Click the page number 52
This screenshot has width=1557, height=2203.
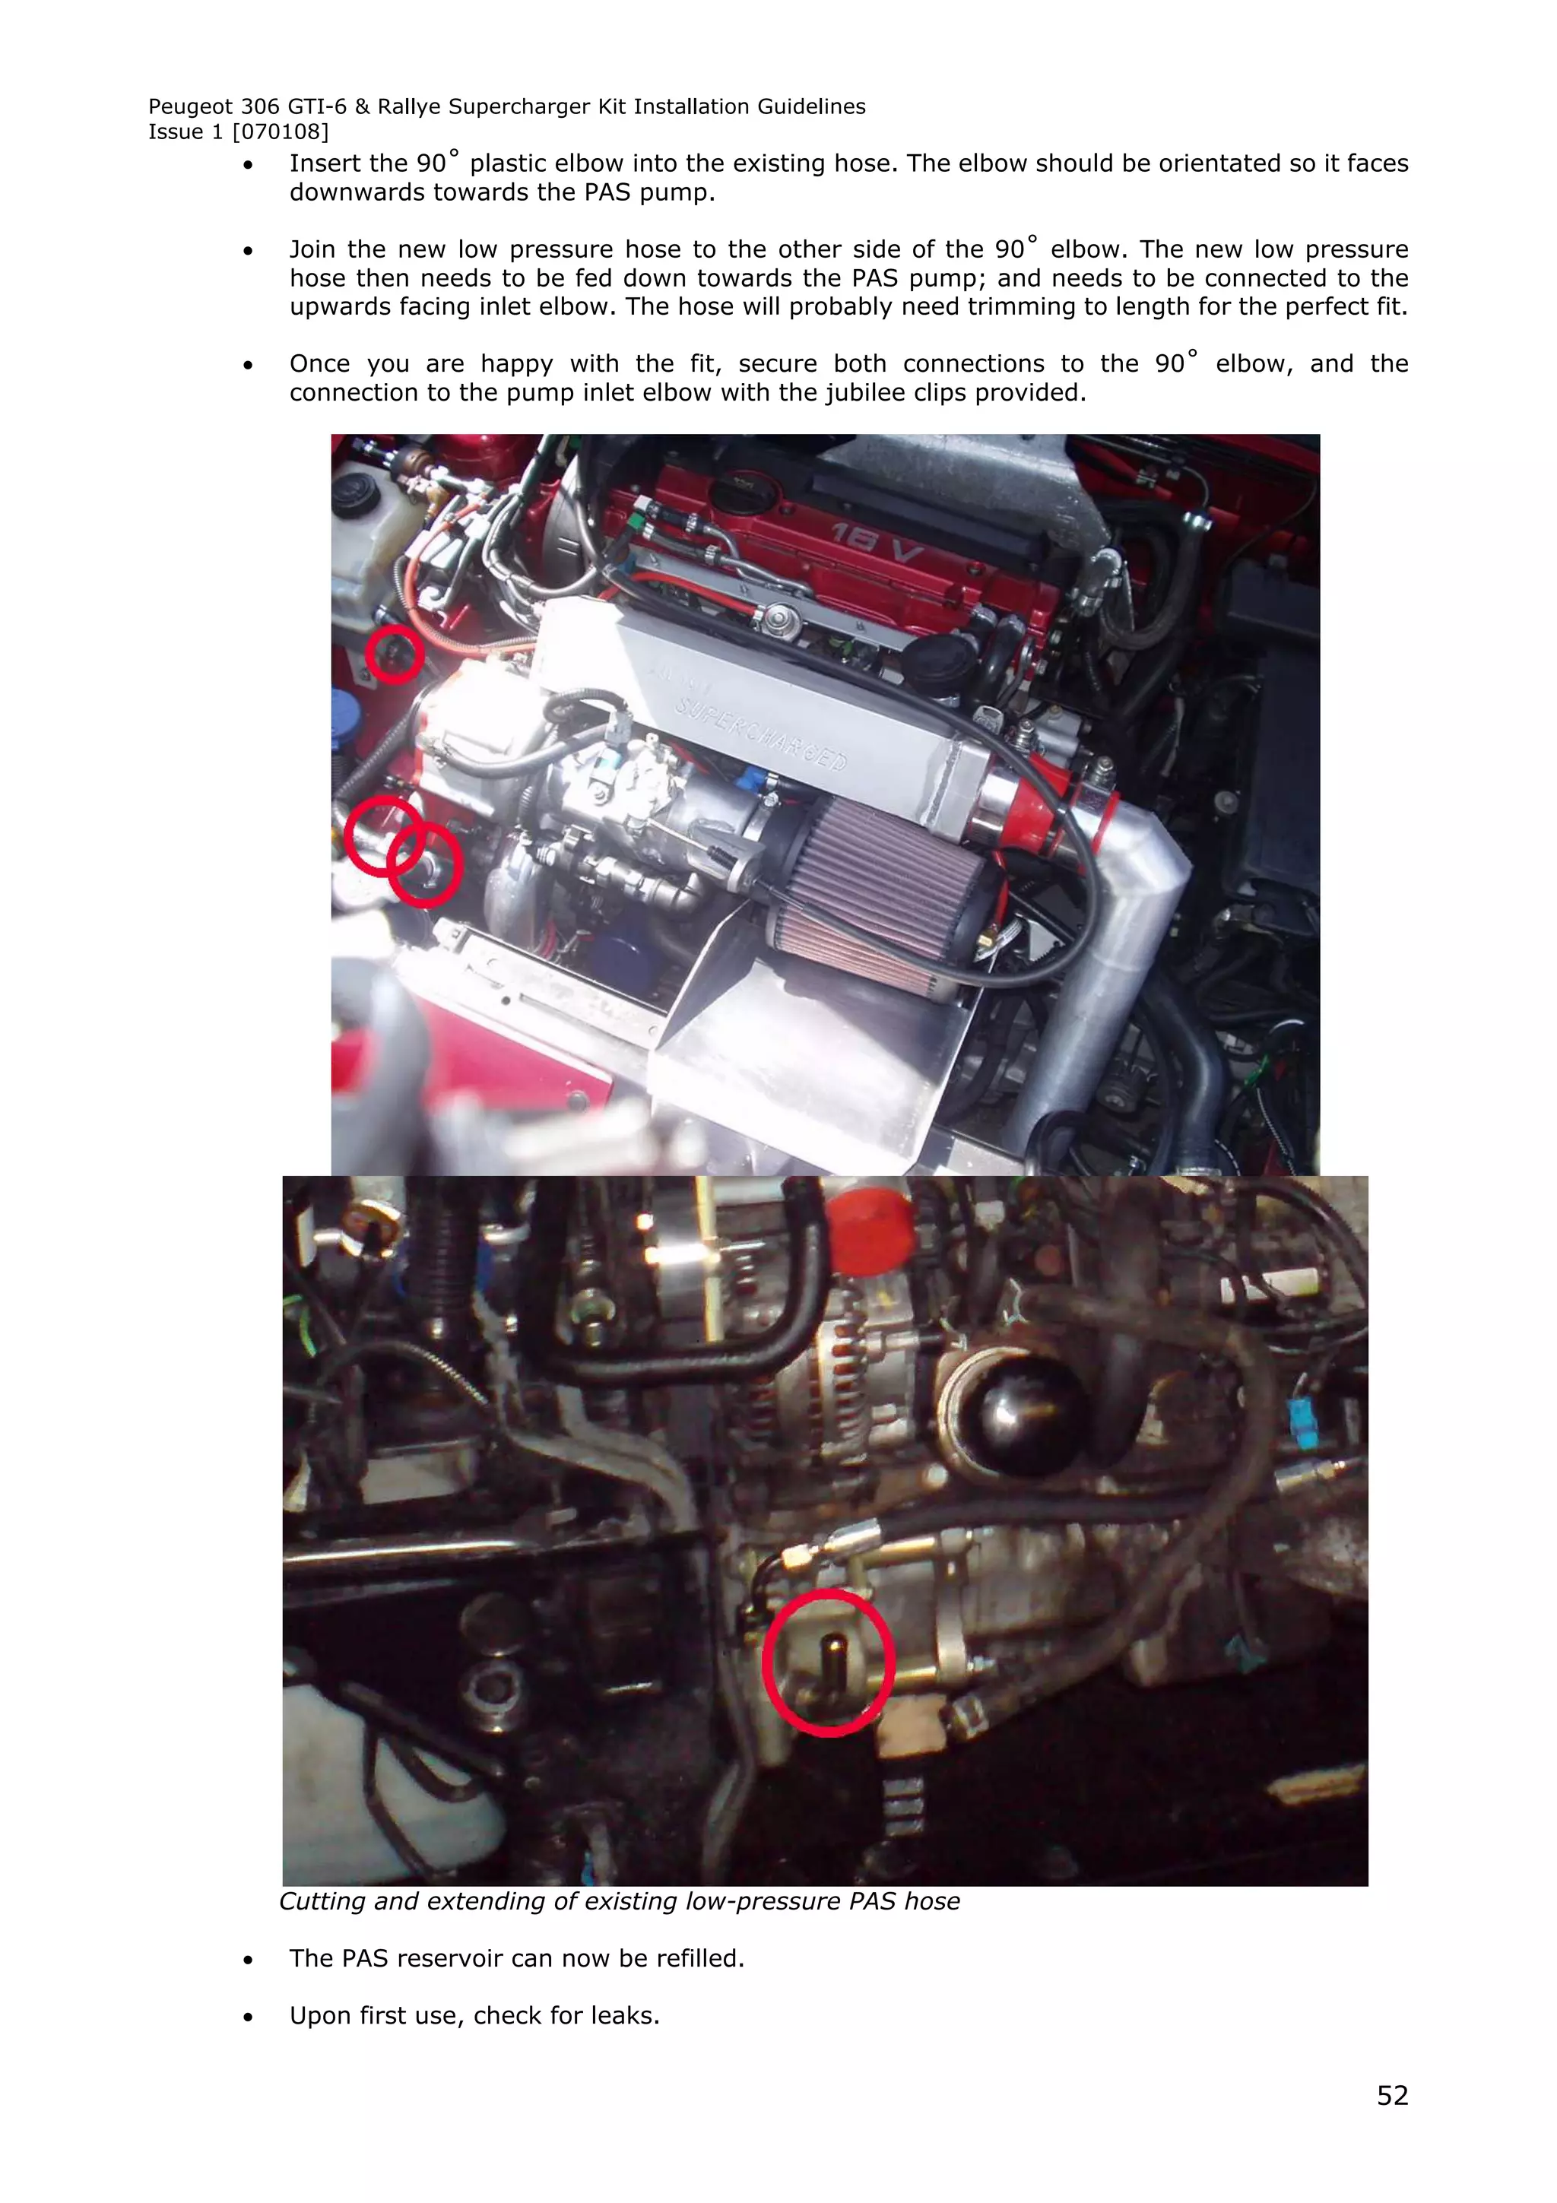pyautogui.click(x=1391, y=2096)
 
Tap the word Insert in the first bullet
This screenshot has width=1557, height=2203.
pyautogui.click(x=323, y=163)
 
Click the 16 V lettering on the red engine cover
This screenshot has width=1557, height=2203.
pyautogui.click(x=876, y=544)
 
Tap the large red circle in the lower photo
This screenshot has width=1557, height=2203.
pyautogui.click(x=828, y=1662)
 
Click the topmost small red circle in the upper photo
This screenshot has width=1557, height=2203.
pyautogui.click(x=395, y=655)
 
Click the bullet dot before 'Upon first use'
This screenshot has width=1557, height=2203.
pyautogui.click(x=249, y=2016)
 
